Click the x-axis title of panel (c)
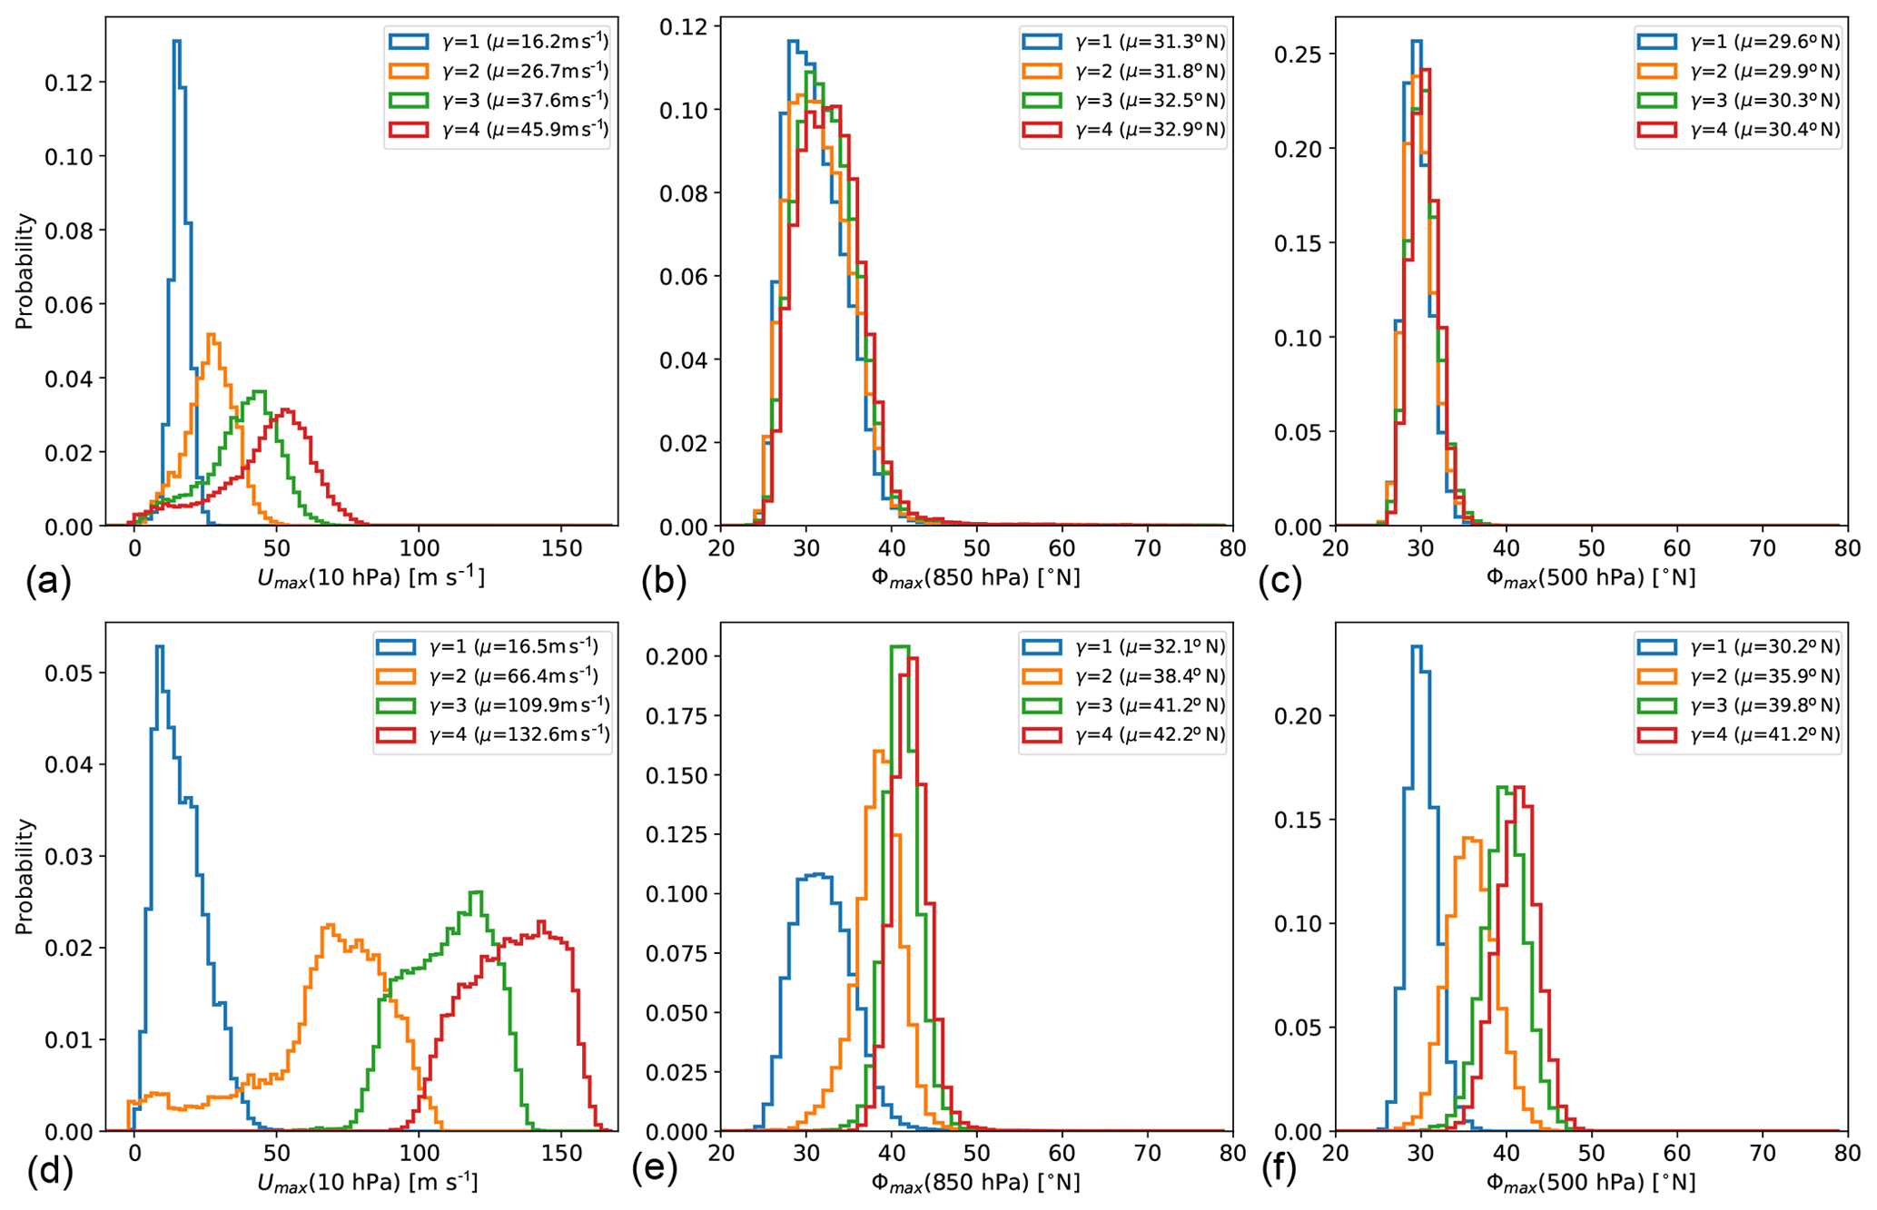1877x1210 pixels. point(1590,577)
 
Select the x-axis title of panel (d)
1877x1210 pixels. point(367,1182)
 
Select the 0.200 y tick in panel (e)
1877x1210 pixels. point(673,656)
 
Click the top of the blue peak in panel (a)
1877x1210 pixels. point(177,42)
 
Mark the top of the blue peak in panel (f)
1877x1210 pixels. point(1416,647)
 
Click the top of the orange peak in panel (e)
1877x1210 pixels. point(879,752)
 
